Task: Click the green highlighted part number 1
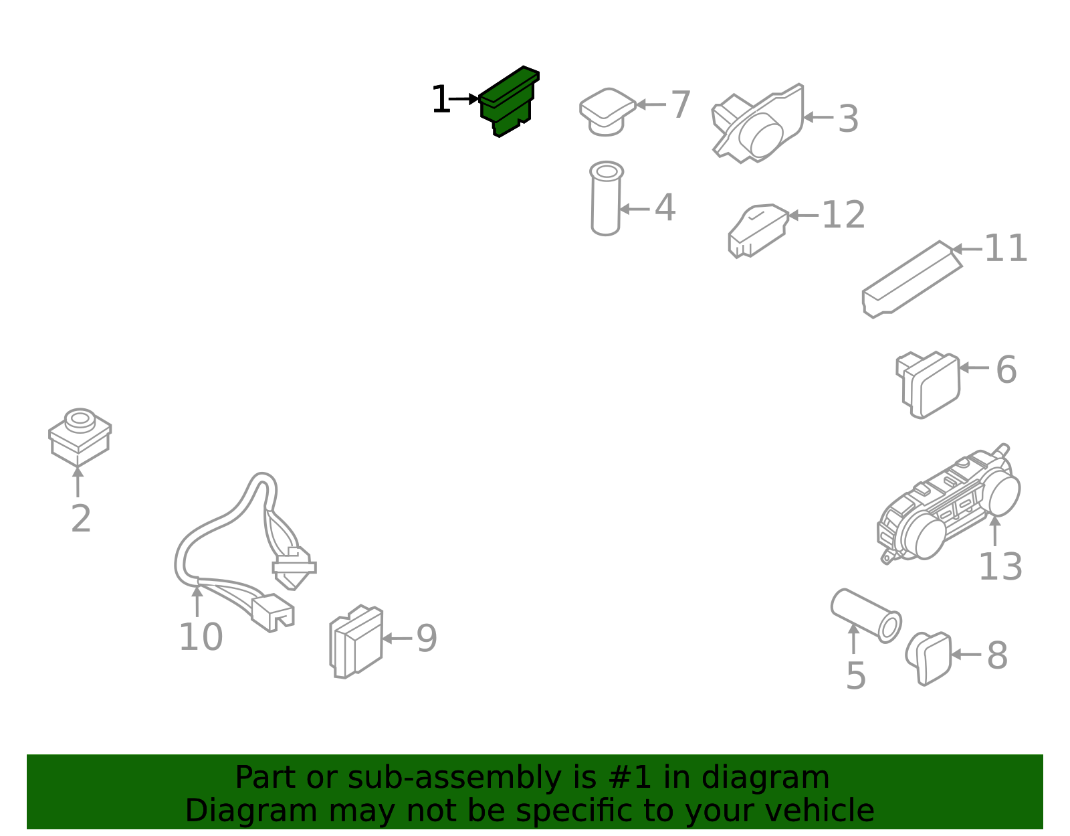coord(509,101)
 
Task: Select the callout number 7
coord(681,104)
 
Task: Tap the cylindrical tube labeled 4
coord(606,199)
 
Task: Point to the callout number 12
coord(843,215)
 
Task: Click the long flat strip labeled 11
coord(912,279)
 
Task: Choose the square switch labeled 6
coord(928,385)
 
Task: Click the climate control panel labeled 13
coord(948,505)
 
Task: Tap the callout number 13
coord(1000,567)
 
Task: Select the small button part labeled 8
coord(929,658)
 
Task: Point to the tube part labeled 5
coord(866,616)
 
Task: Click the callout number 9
coord(427,639)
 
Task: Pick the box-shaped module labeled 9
coord(356,641)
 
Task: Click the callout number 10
coord(201,637)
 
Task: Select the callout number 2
coord(81,519)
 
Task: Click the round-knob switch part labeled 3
coord(758,123)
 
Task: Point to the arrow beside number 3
coord(818,118)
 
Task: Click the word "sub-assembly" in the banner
coord(455,778)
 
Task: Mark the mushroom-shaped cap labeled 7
coord(608,112)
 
